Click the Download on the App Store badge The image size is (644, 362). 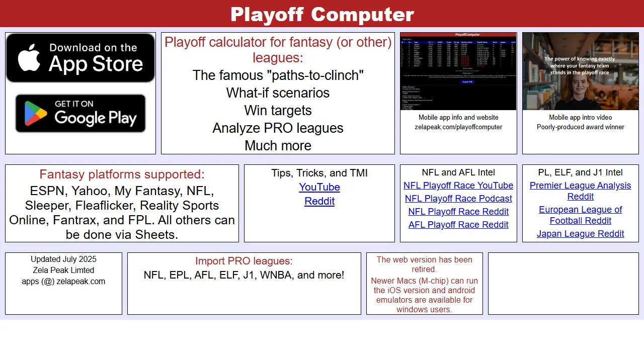[80, 58]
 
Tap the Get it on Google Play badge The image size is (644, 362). [80, 113]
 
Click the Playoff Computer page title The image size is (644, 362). [322, 14]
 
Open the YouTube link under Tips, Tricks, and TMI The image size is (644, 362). [319, 187]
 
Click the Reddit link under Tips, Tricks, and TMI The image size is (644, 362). [319, 201]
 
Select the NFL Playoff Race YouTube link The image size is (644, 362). [458, 186]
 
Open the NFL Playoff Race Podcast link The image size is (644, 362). [458, 199]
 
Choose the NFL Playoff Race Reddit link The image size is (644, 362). [458, 212]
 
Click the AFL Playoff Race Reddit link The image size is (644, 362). [458, 225]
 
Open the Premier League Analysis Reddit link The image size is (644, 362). [580, 191]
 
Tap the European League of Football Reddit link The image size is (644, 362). [580, 215]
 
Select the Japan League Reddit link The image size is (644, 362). [580, 234]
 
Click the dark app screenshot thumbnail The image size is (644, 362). [458, 71]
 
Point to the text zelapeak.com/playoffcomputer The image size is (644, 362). [458, 127]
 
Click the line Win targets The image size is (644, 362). [278, 111]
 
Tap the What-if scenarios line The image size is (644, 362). [278, 93]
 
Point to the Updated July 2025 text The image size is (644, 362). [63, 259]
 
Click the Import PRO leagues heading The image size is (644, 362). [244, 261]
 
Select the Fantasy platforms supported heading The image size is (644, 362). [122, 174]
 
